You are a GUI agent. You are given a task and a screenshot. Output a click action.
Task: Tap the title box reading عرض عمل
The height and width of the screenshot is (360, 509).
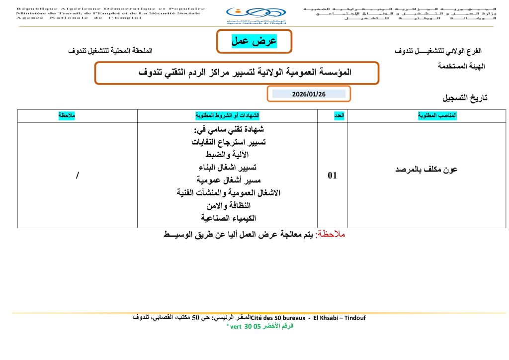(x=254, y=41)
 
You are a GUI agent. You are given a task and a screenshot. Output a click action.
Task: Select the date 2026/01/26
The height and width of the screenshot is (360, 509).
(x=309, y=94)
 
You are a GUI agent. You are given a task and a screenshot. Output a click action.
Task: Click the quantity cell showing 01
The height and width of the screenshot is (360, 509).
(x=332, y=175)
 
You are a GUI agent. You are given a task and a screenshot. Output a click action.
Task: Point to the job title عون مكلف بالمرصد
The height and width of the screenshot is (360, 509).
(x=426, y=170)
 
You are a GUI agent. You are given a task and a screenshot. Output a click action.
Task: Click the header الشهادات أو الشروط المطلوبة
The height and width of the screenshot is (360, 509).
(x=228, y=115)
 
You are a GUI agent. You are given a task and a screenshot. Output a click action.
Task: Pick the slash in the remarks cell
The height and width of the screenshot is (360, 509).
(x=78, y=176)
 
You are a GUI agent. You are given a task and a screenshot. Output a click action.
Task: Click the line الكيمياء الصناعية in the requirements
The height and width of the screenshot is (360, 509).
(x=228, y=218)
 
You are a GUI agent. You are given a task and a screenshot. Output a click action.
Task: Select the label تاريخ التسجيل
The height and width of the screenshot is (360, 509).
(x=465, y=98)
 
